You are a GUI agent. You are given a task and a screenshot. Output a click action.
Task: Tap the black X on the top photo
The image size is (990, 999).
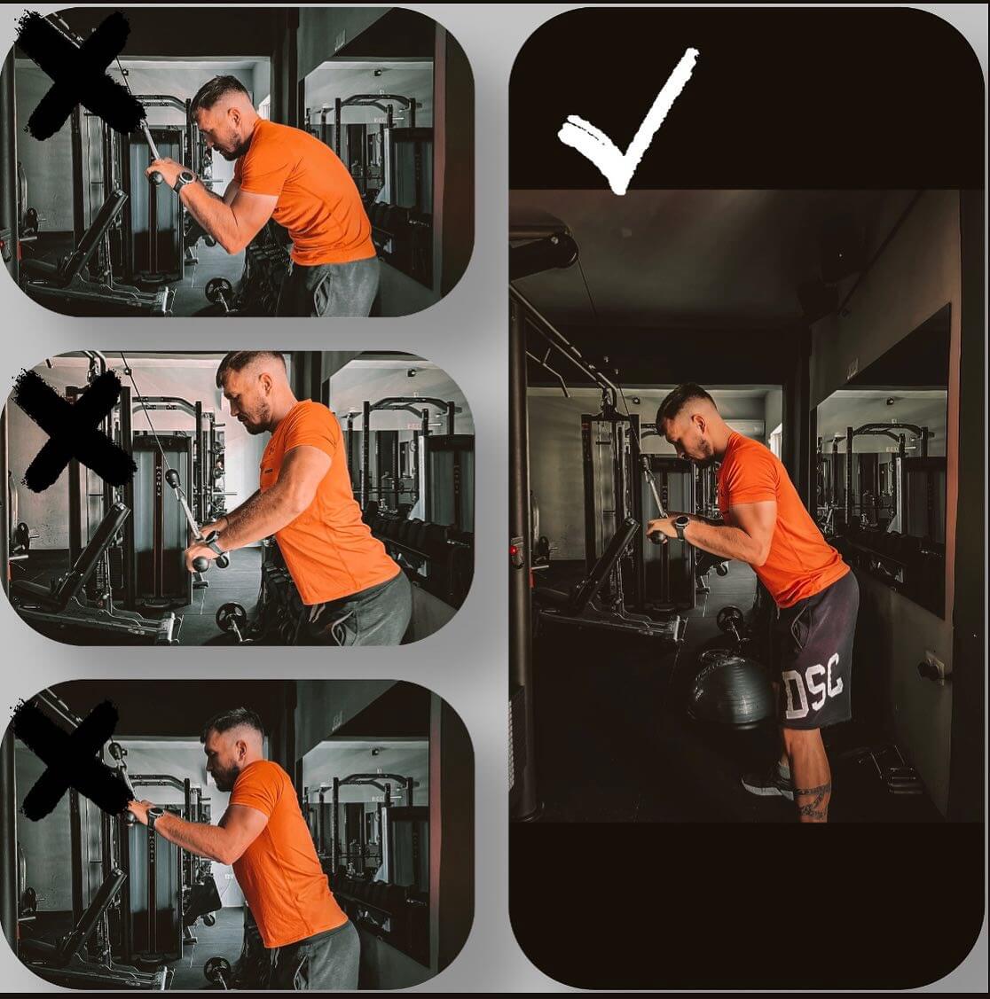80,76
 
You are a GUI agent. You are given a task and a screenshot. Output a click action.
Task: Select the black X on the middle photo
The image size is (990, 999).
74,431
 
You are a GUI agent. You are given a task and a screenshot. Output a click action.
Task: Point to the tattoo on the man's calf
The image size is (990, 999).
813,800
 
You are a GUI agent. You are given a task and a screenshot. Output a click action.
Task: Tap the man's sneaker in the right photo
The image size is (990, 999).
768,780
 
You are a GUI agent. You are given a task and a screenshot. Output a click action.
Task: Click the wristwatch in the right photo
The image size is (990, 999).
680,527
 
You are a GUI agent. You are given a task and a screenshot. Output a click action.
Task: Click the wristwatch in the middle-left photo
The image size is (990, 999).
213,542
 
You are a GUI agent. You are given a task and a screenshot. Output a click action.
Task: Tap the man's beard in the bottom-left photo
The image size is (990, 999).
226,778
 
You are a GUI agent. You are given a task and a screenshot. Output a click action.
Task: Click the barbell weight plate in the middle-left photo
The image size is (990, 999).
230,617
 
